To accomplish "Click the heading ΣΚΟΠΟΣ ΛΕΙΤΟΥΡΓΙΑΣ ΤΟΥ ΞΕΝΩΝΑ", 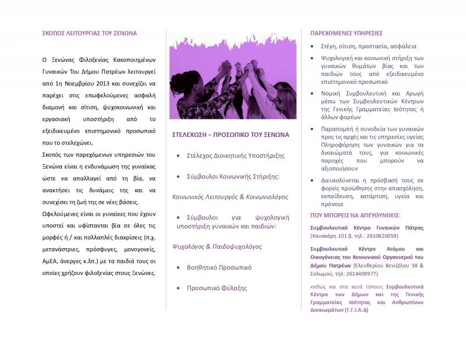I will tap(89, 33).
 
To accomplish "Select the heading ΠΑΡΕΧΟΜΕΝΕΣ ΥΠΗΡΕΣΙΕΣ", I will tap(346, 33).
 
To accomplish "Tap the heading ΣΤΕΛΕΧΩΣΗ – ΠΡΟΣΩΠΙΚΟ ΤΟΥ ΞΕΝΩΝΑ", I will tap(231, 135).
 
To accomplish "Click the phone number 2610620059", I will tap(383, 236).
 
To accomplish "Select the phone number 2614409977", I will tap(362, 273).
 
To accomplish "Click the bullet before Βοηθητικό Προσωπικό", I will tap(179, 267).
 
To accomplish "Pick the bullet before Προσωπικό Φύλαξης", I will tap(179, 288).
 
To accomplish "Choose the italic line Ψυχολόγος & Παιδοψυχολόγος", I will tap(217, 246).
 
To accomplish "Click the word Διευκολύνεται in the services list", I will tap(340, 181).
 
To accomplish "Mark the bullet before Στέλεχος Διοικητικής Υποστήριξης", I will tap(179, 156).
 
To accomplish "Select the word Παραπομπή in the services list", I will tap(337, 129).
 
